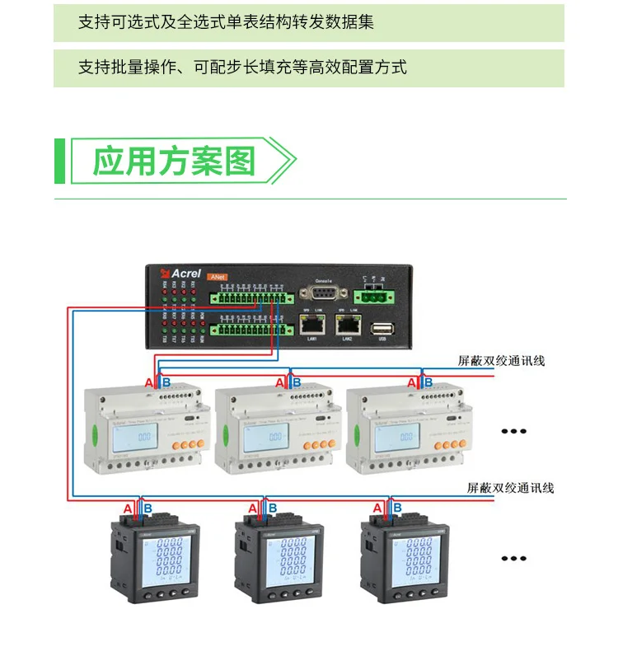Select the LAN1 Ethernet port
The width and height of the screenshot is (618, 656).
coord(312,325)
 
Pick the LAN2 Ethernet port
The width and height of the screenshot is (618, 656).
coord(348,325)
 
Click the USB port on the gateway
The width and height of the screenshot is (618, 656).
coord(382,328)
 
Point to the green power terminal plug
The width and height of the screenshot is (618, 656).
coord(375,295)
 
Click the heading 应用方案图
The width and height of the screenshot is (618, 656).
coord(173,161)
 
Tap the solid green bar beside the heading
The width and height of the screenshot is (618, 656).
coord(59,161)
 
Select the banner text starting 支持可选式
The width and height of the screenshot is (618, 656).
coord(226,22)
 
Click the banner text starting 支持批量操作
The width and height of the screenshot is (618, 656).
coord(242,68)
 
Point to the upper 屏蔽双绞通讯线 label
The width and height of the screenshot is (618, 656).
coord(501,361)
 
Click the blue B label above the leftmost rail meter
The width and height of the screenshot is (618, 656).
coord(166,383)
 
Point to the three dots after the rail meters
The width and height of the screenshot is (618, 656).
coord(514,430)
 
